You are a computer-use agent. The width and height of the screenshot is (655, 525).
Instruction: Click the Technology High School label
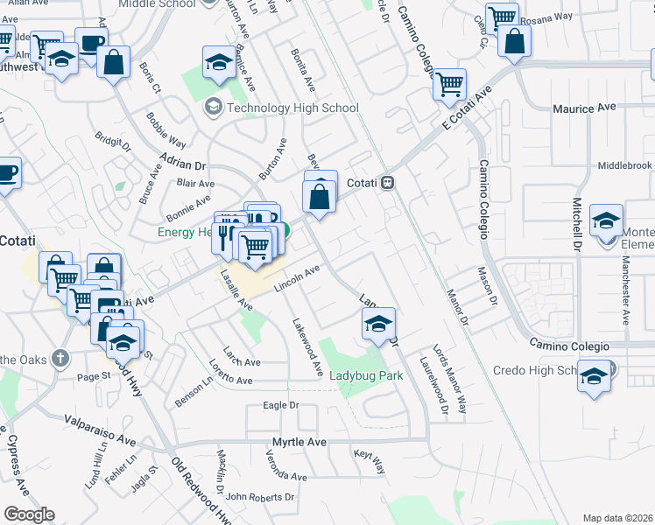pyautogui.click(x=292, y=108)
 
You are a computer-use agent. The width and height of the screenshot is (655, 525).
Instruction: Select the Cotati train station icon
pyautogui.click(x=387, y=183)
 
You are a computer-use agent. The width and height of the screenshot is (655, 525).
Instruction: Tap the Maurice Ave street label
pyautogui.click(x=584, y=108)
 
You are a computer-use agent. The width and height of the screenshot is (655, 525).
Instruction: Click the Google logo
pyautogui.click(x=30, y=514)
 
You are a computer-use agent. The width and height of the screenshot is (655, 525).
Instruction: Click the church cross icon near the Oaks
pyautogui.click(x=60, y=358)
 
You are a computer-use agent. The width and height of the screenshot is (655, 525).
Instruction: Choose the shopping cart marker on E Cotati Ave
pyautogui.click(x=449, y=86)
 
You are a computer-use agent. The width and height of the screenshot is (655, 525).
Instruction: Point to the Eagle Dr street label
pyautogui.click(x=281, y=406)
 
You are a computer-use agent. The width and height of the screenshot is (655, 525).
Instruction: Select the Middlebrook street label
pyautogui.click(x=625, y=165)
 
